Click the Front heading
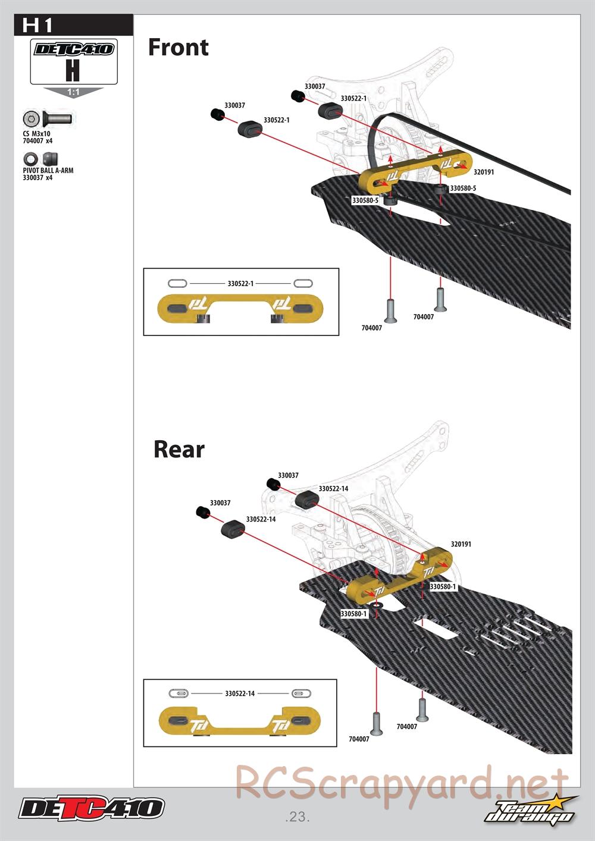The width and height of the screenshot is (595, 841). pyautogui.click(x=178, y=48)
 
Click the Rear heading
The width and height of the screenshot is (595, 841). pyautogui.click(x=178, y=449)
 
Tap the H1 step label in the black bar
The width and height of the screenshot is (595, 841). pyautogui.click(x=37, y=26)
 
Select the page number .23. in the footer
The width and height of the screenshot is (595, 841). pyautogui.click(x=297, y=817)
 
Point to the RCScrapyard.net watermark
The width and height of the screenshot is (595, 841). pyautogui.click(x=402, y=784)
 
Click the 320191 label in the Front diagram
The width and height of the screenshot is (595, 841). pyautogui.click(x=483, y=172)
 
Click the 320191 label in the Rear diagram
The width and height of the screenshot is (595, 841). pyautogui.click(x=461, y=544)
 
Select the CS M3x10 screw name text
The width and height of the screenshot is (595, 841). pyautogui.click(x=36, y=134)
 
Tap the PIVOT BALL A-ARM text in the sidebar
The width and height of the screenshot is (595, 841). pyautogui.click(x=48, y=171)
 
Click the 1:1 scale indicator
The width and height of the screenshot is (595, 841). pyautogui.click(x=73, y=92)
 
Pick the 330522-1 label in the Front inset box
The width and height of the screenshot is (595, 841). pyautogui.click(x=240, y=284)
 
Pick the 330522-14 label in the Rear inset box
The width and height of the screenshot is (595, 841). pyautogui.click(x=240, y=693)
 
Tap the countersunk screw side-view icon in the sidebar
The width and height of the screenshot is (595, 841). pyautogui.click(x=59, y=118)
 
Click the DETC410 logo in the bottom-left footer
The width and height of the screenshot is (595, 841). pyautogui.click(x=91, y=808)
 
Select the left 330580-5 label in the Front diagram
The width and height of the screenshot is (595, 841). pyautogui.click(x=365, y=200)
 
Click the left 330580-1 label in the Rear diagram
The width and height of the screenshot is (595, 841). pyautogui.click(x=353, y=613)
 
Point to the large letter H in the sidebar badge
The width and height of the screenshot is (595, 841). pyautogui.click(x=73, y=70)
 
